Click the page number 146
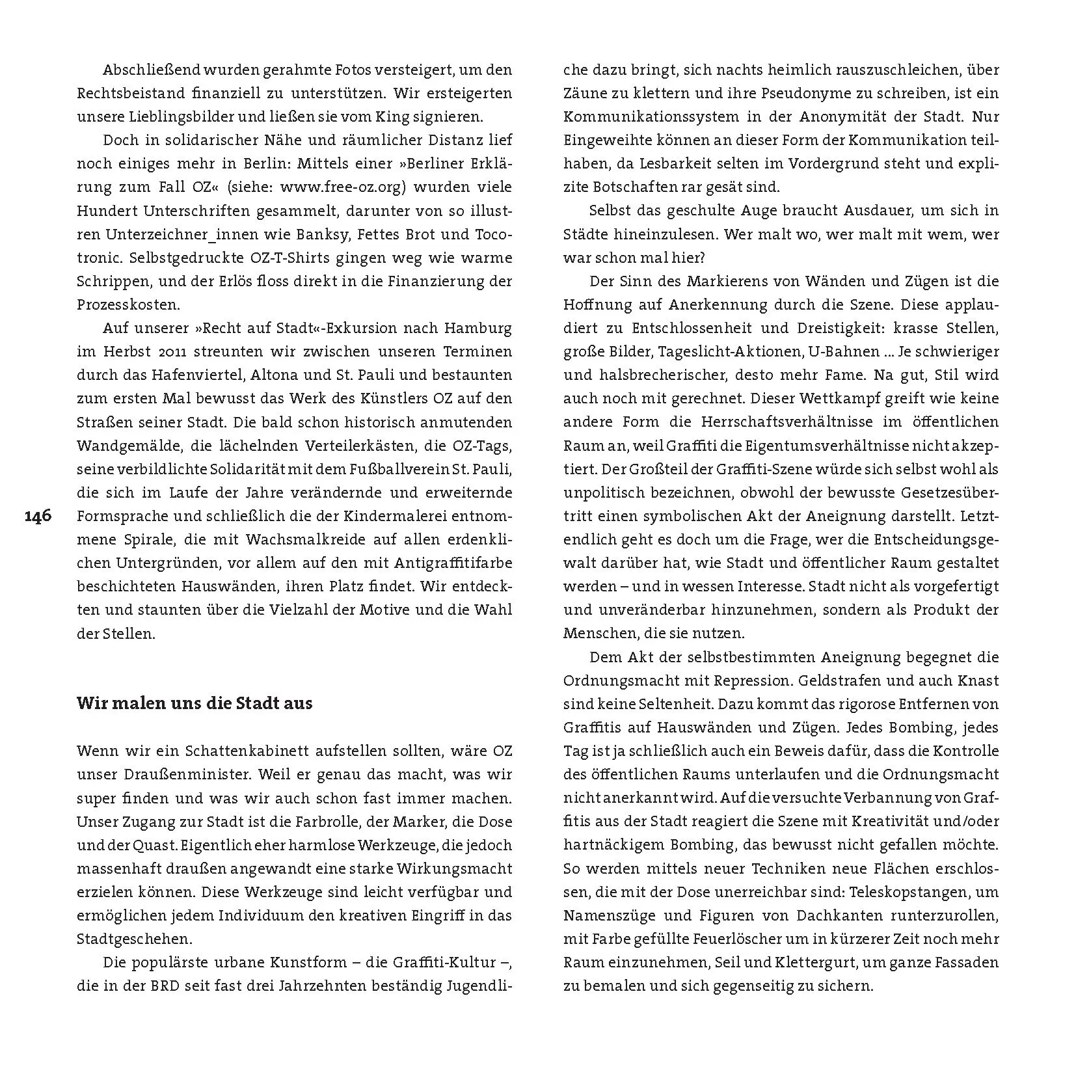coord(38,517)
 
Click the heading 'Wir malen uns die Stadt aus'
coord(195,703)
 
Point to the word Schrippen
coord(109,281)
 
